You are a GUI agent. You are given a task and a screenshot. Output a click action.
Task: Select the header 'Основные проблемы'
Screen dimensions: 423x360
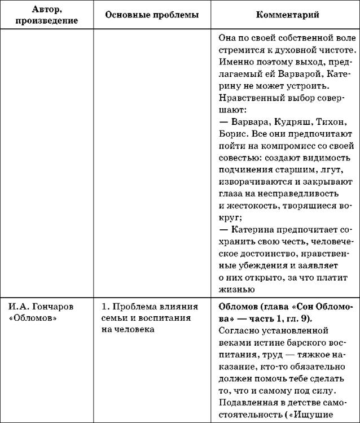(152, 15)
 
